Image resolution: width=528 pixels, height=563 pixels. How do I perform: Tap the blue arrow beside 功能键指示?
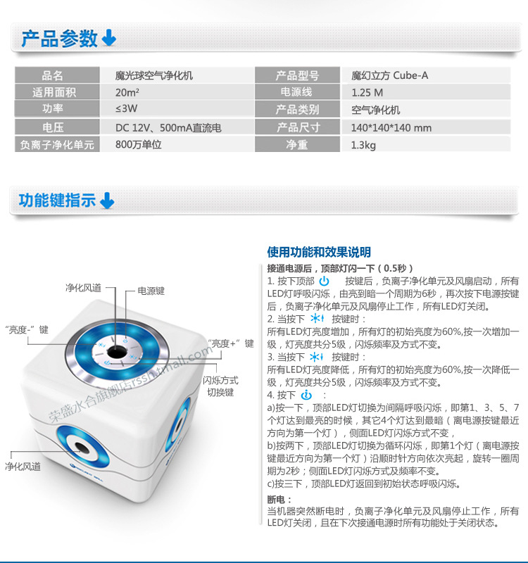106,201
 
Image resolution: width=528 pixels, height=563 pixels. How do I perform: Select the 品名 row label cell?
52,75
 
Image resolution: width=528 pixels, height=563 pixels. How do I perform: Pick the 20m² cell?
127,92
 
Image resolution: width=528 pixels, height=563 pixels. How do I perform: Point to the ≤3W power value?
127,109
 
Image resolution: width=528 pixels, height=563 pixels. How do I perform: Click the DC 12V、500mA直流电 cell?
168,128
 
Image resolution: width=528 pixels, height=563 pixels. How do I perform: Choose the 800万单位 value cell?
138,145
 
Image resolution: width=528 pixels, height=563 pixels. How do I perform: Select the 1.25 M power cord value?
367,92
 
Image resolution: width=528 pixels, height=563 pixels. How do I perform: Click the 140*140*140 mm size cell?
391,128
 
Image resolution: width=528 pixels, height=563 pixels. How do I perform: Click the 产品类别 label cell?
297,110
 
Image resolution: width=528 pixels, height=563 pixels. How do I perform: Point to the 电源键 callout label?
151,290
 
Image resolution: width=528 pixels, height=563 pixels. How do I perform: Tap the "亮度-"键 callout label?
26,329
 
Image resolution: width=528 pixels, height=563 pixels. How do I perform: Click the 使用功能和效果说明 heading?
319,252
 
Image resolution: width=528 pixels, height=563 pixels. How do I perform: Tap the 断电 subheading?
276,499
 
